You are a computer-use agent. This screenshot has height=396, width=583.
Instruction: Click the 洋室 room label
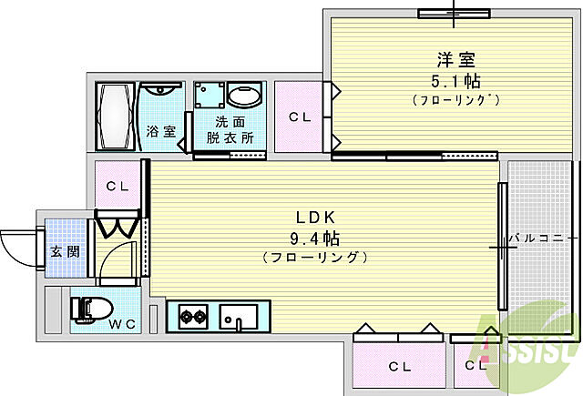click(x=455, y=60)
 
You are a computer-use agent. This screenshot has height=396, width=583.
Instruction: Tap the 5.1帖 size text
click(x=455, y=81)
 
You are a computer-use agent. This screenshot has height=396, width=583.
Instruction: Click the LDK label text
click(x=316, y=218)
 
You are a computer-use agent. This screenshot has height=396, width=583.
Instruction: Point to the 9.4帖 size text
click(x=314, y=239)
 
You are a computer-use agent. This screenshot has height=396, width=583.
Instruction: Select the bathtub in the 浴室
click(x=115, y=116)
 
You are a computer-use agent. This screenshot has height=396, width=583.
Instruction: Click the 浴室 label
click(x=160, y=131)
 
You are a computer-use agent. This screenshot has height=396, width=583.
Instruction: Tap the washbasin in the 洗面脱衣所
click(x=244, y=95)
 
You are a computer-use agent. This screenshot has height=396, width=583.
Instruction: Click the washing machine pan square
click(x=210, y=95)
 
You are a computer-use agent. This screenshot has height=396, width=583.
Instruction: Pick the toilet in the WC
click(x=92, y=310)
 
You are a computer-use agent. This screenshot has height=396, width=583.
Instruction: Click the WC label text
click(x=122, y=324)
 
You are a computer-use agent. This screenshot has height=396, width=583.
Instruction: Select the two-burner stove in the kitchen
click(x=193, y=317)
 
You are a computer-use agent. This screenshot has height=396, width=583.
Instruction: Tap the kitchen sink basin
click(x=239, y=317)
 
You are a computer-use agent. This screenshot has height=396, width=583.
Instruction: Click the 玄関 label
click(x=65, y=251)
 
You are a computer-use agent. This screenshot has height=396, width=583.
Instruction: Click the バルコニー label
click(x=538, y=238)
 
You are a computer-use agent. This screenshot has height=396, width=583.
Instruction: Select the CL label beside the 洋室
click(x=300, y=117)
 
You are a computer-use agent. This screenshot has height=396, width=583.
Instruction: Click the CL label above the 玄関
click(x=118, y=186)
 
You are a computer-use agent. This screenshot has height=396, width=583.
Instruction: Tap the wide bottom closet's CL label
click(x=400, y=367)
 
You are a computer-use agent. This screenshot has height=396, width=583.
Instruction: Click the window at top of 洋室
click(x=454, y=14)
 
